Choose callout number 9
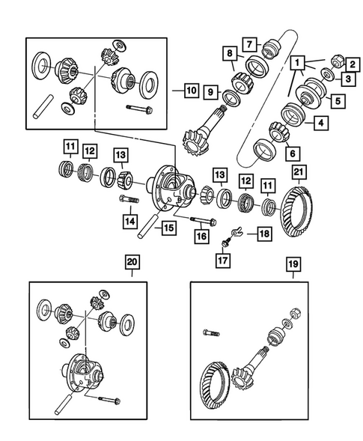coord(211,91)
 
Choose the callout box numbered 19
coord(293,264)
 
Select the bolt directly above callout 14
coord(128,200)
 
